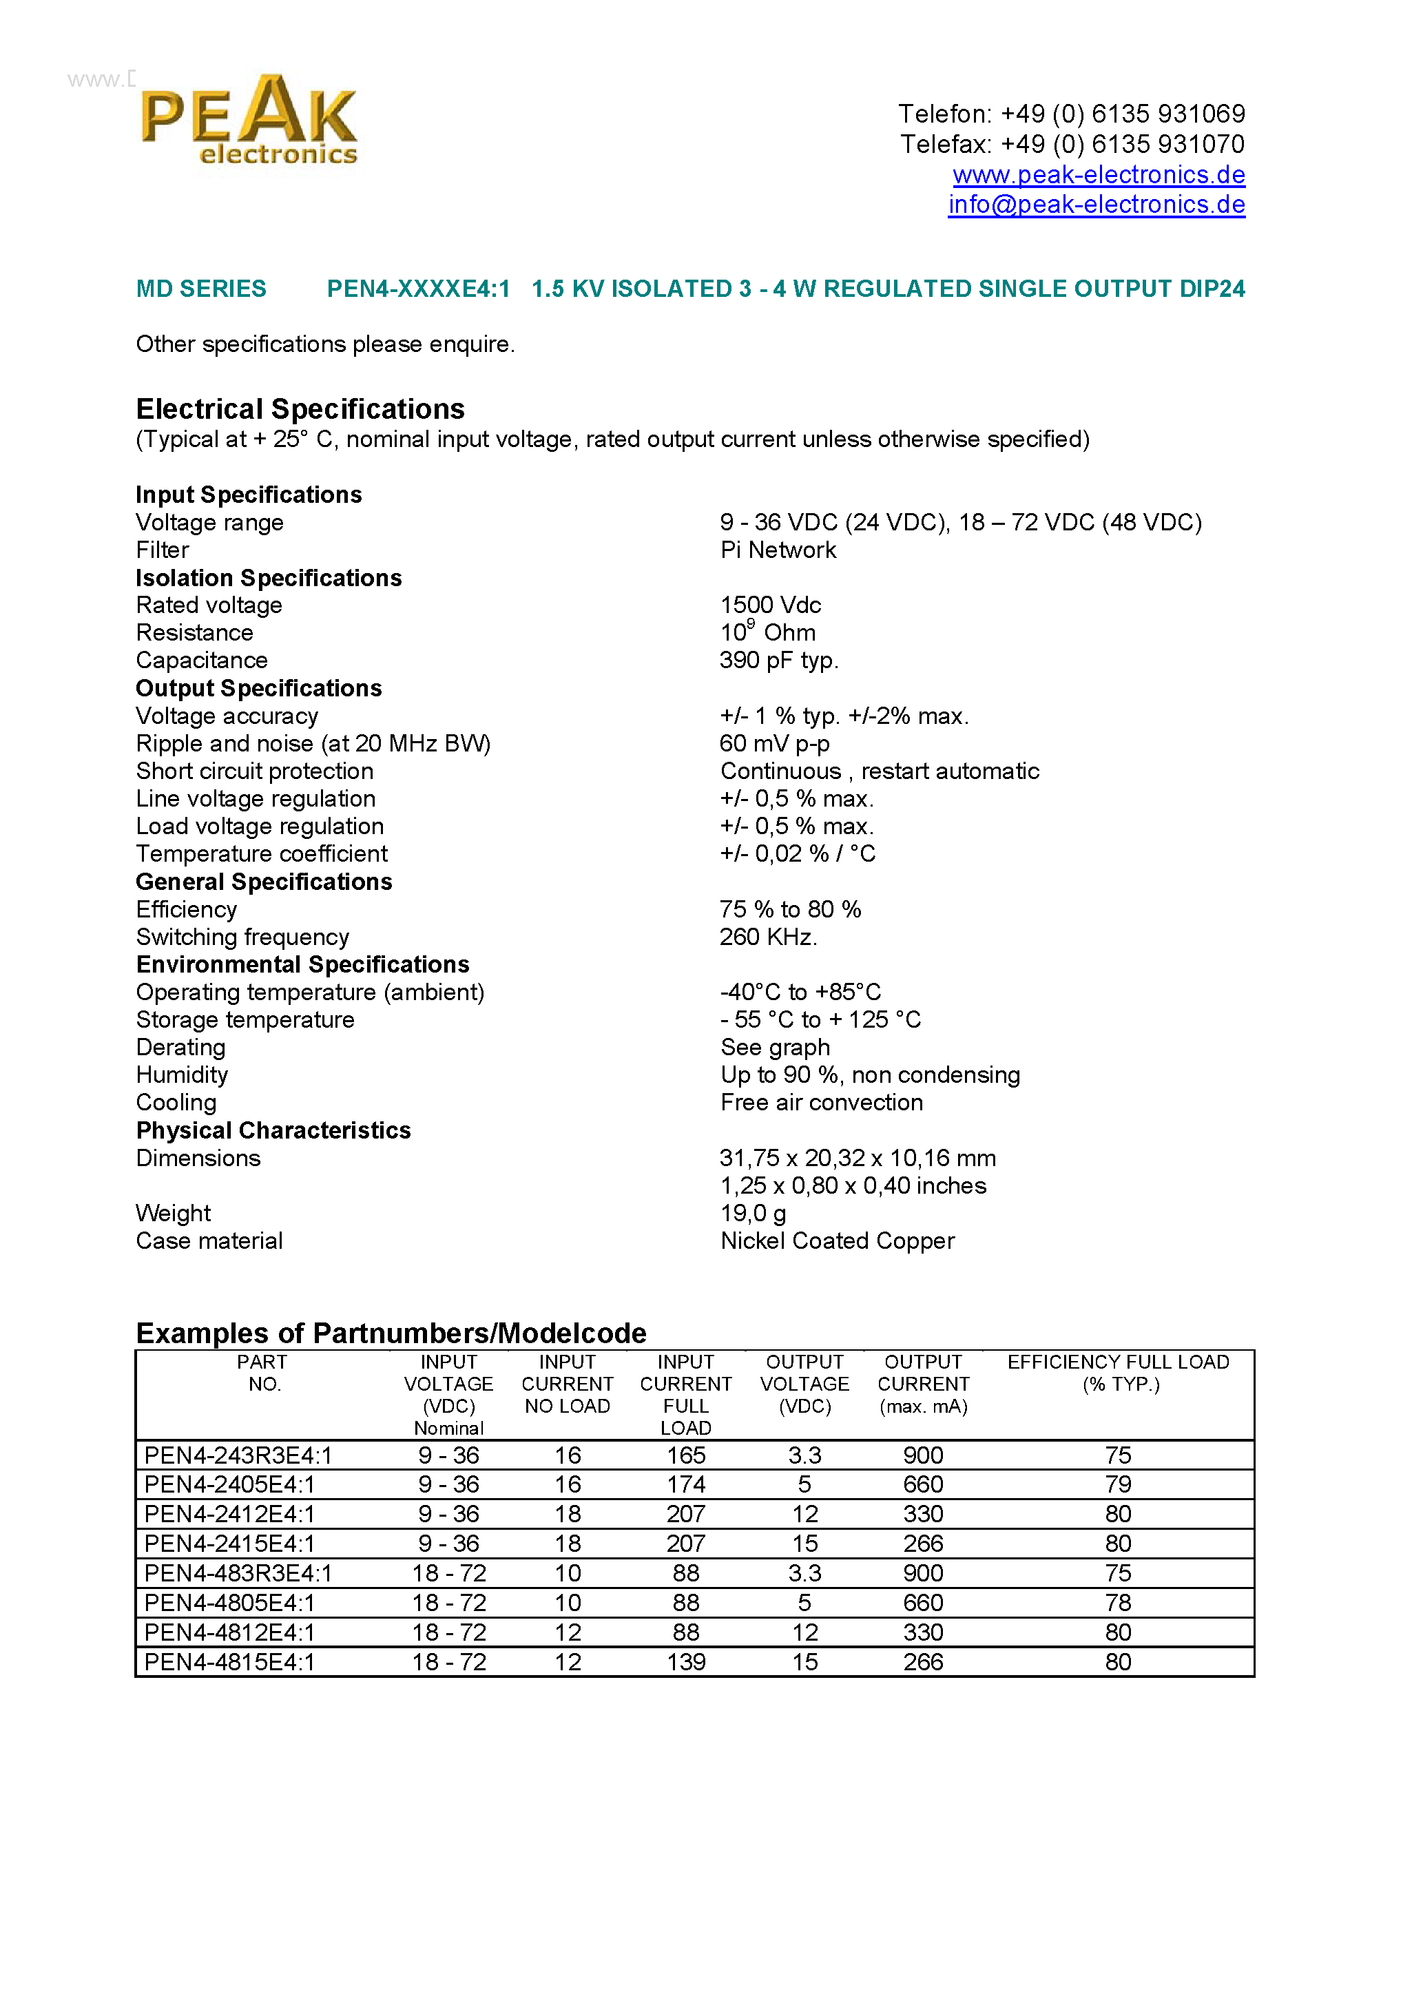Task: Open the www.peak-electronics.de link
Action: click(x=1099, y=174)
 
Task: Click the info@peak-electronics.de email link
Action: click(x=1096, y=205)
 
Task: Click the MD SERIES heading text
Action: click(x=201, y=289)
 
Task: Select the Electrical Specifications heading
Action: click(x=300, y=408)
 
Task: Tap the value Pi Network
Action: click(x=778, y=550)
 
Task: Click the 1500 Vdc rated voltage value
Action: click(x=770, y=605)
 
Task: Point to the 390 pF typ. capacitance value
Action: click(x=779, y=661)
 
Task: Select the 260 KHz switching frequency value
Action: click(x=768, y=937)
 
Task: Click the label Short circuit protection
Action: click(x=254, y=771)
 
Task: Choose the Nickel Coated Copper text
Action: click(x=837, y=1240)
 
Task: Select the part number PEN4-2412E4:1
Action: click(x=229, y=1514)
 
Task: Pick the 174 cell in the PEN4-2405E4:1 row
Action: click(x=685, y=1484)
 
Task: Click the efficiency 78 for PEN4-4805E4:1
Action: click(x=1118, y=1603)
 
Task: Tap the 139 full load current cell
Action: click(x=685, y=1662)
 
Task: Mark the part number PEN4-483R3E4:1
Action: click(x=238, y=1572)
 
